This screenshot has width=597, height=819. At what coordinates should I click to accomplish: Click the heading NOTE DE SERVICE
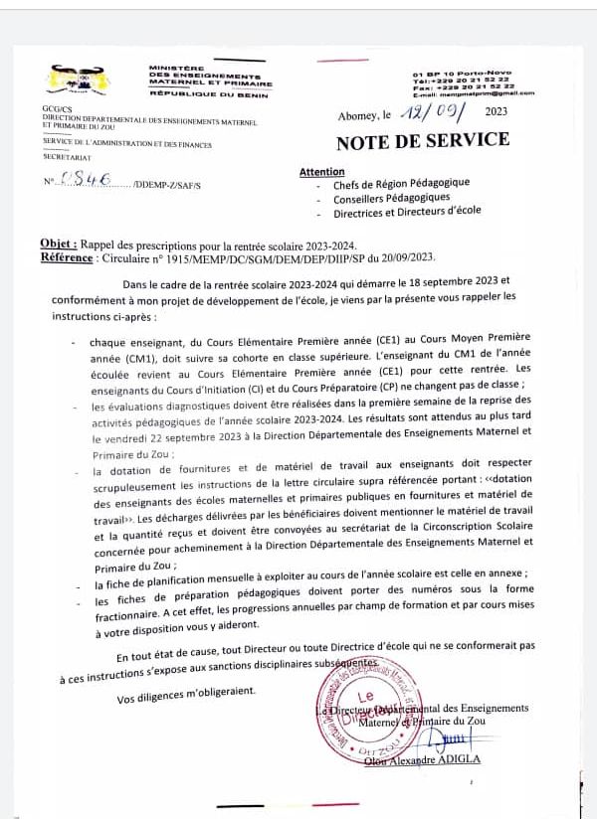click(x=423, y=141)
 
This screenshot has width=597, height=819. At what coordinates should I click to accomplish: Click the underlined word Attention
click(x=322, y=172)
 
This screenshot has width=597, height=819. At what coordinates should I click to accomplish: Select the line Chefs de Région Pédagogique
click(x=401, y=184)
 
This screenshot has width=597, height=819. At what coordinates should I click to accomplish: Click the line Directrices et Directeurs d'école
click(x=408, y=213)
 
